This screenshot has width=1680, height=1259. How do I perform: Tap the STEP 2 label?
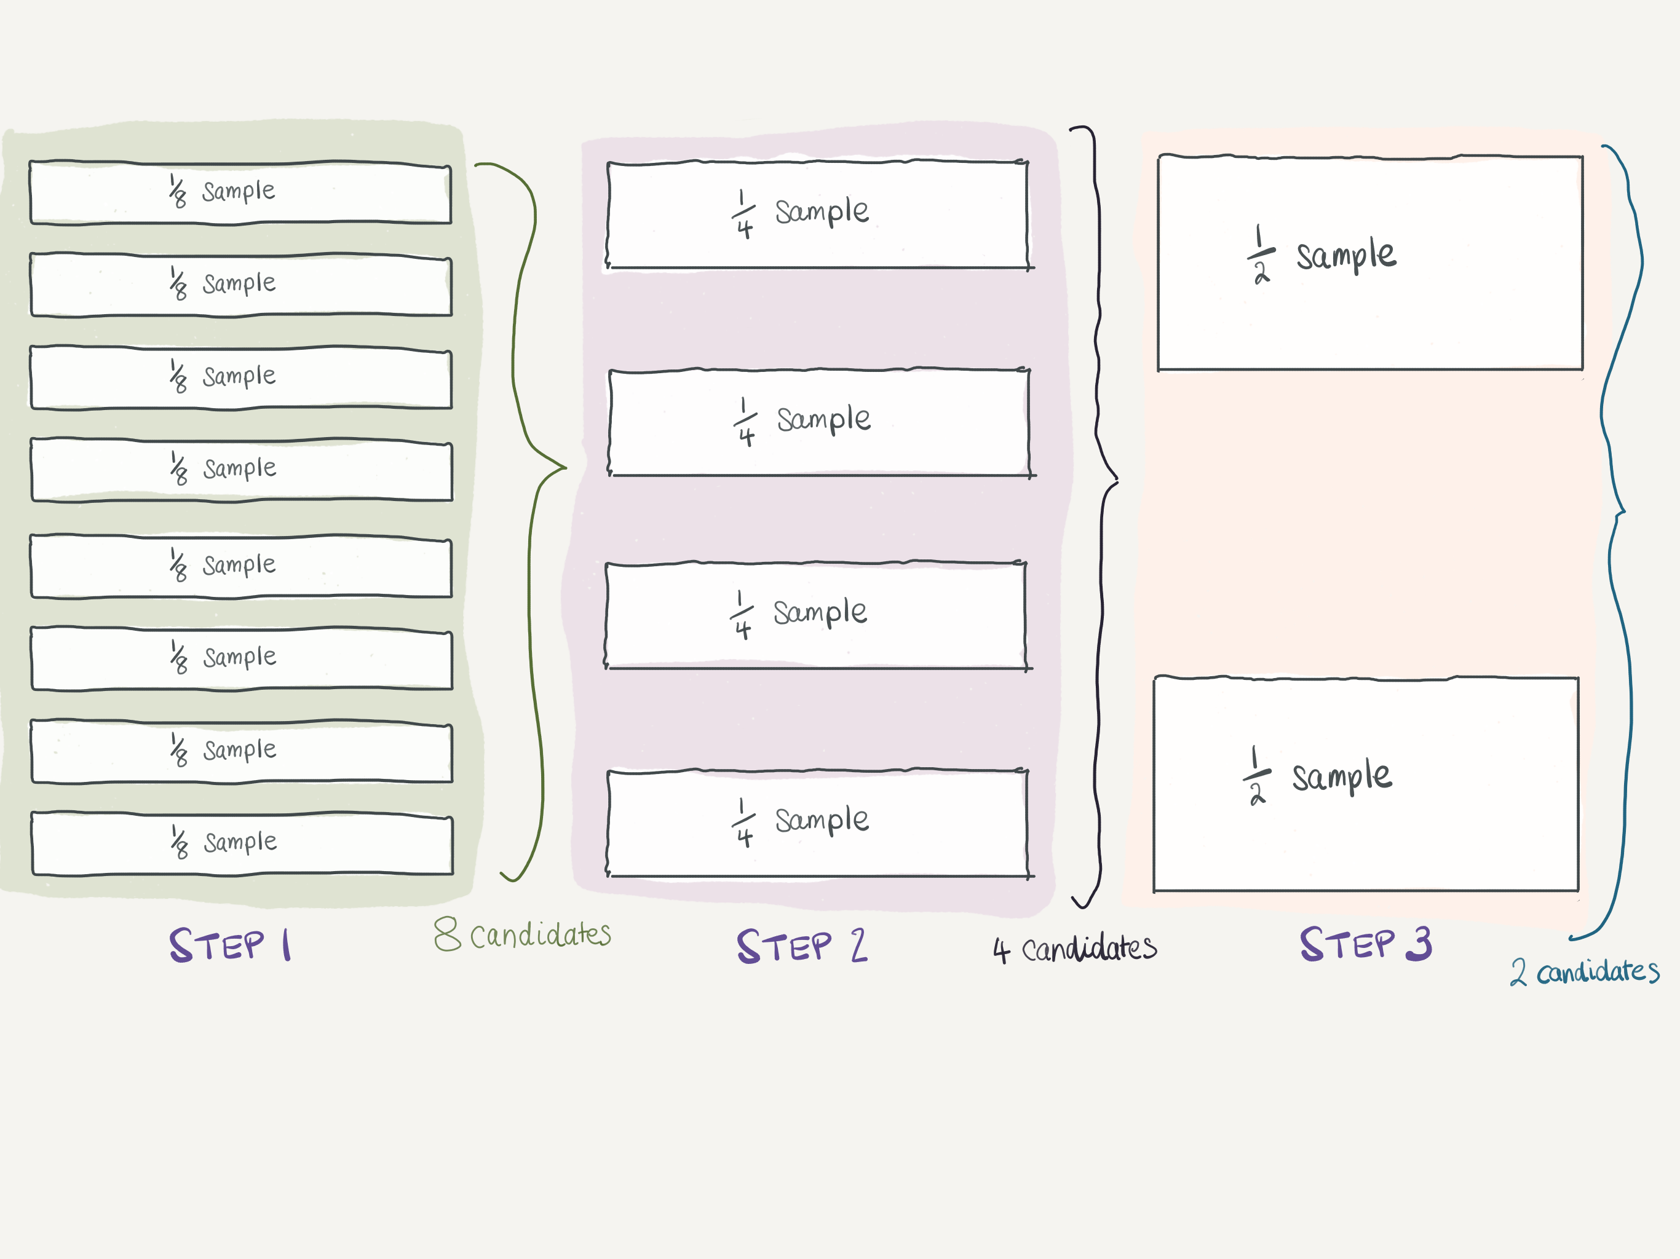point(801,946)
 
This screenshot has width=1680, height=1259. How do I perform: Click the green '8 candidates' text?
point(523,934)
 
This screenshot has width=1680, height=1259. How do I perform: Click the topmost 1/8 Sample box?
point(240,192)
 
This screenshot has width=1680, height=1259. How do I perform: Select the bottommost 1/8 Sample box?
point(242,843)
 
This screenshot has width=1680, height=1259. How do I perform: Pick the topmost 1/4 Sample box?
point(817,214)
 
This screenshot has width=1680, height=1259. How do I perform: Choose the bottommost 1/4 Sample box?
point(817,823)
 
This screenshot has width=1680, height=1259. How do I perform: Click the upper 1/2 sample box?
point(1369,262)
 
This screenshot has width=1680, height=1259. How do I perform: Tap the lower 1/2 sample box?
point(1366,784)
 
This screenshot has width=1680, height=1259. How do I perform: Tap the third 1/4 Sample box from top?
point(815,615)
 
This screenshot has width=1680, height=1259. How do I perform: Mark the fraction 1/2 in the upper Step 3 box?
point(1261,255)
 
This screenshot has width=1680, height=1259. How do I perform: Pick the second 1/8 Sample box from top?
point(241,285)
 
